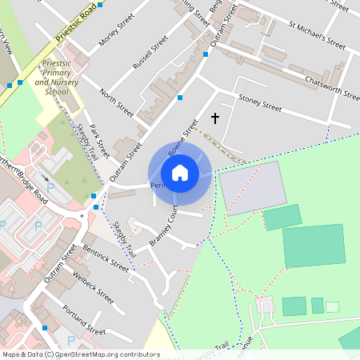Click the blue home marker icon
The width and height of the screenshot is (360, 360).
click(180, 173)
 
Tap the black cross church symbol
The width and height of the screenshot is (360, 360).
click(214, 118)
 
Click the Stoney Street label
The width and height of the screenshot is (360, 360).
click(260, 104)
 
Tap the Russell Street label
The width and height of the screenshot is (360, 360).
click(150, 51)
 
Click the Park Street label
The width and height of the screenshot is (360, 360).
click(98, 141)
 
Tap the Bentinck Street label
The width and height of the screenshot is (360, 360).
click(106, 259)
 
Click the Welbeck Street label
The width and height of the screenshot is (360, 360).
click(93, 284)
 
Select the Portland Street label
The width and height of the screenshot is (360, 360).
click(83, 319)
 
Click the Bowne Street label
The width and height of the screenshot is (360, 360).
click(182, 138)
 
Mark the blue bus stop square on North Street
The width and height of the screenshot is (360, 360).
click(180, 98)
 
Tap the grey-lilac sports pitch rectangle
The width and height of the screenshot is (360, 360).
click(251, 188)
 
